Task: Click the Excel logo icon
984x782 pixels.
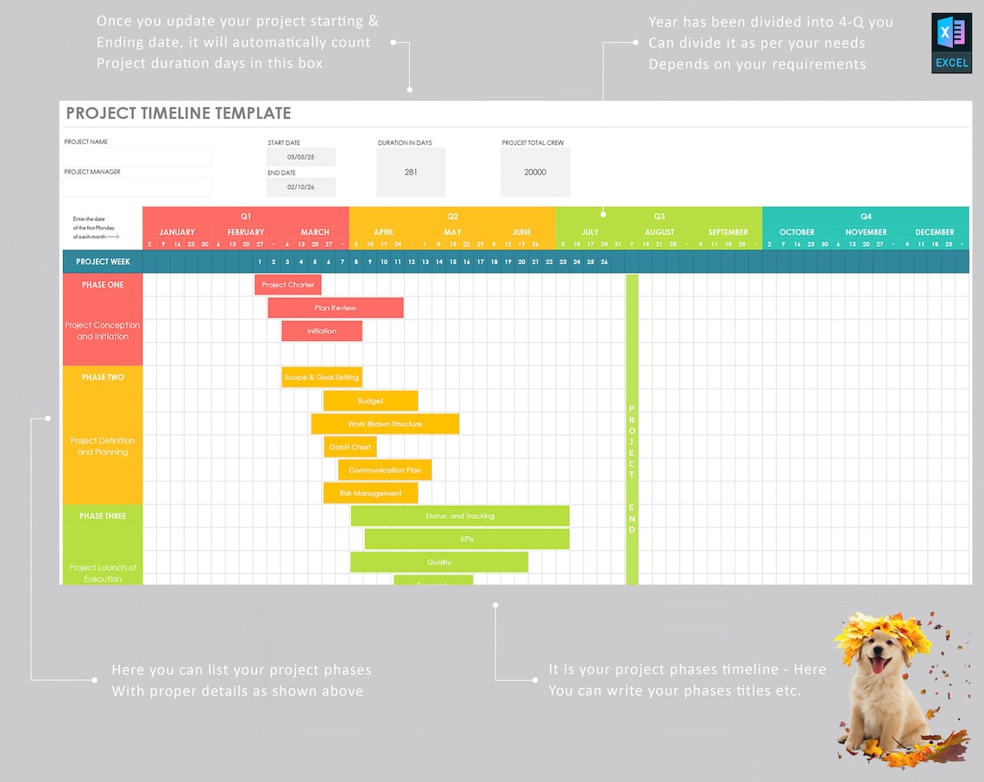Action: pyautogui.click(x=951, y=42)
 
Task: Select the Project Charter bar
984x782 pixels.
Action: pyautogui.click(x=288, y=285)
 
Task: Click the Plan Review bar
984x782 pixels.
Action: pyautogui.click(x=335, y=308)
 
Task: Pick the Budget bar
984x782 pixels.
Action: pyautogui.click(x=370, y=401)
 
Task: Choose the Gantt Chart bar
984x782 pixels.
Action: pyautogui.click(x=350, y=447)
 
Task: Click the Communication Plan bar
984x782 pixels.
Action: pyautogui.click(x=385, y=470)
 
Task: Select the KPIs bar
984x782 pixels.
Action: pyautogui.click(x=467, y=539)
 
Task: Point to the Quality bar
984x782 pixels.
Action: pyautogui.click(x=438, y=563)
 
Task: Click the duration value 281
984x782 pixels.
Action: pyautogui.click(x=411, y=172)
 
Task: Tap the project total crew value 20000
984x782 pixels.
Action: pyautogui.click(x=535, y=172)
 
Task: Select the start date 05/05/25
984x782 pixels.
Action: pyautogui.click(x=300, y=157)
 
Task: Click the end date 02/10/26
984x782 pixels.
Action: pyautogui.click(x=300, y=186)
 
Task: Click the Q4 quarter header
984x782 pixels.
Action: pyautogui.click(x=866, y=216)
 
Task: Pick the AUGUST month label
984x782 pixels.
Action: pyautogui.click(x=659, y=232)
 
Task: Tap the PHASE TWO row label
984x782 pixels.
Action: pyautogui.click(x=103, y=377)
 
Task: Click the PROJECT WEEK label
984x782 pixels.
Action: pyautogui.click(x=103, y=262)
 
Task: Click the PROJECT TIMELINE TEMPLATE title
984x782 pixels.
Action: pyautogui.click(x=179, y=113)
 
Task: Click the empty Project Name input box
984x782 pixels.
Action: pyautogui.click(x=137, y=157)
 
